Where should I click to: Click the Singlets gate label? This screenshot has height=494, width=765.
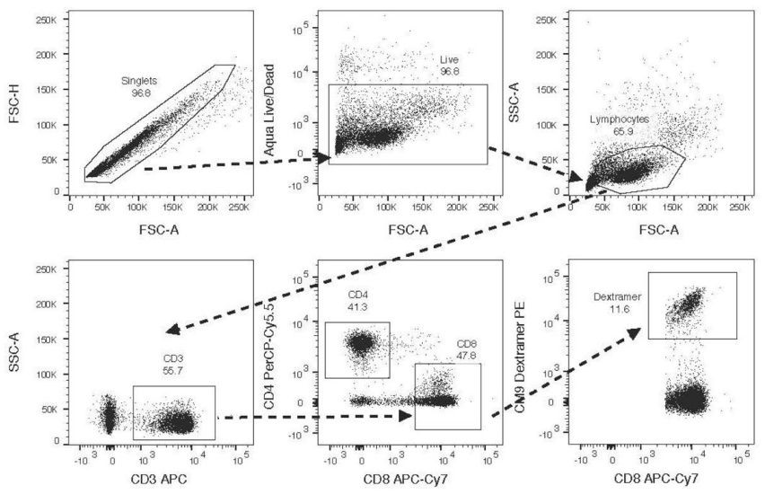pos(140,82)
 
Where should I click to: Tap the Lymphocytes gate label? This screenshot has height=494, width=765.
pos(619,119)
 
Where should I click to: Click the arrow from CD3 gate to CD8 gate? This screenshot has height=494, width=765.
pos(314,417)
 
